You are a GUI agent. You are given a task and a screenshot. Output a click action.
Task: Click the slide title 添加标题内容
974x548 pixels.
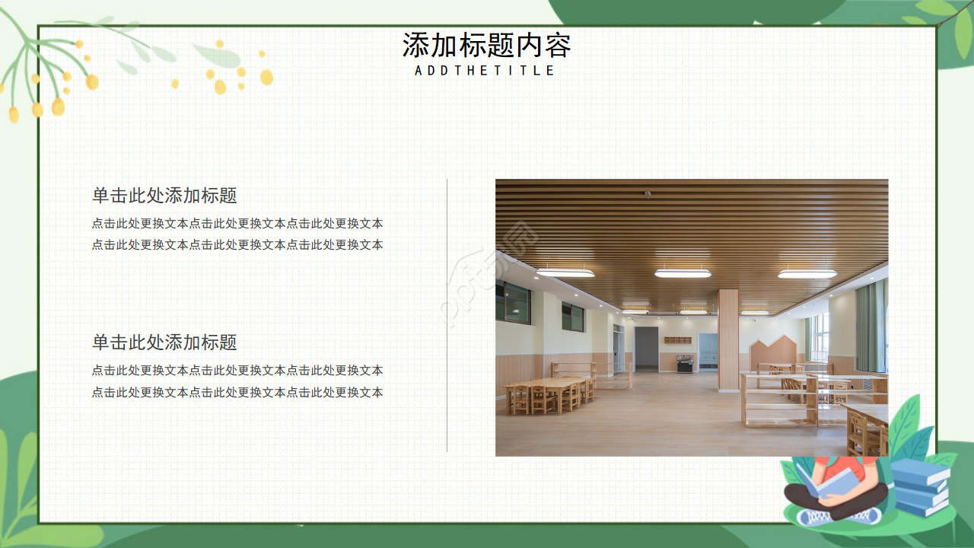pyautogui.click(x=486, y=46)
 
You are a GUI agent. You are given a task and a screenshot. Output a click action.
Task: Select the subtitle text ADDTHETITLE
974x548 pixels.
pyautogui.click(x=485, y=70)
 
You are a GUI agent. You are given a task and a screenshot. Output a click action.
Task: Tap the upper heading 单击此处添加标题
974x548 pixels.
pyautogui.click(x=164, y=196)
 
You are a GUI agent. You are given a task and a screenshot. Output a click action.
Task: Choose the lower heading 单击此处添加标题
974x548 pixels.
pyautogui.click(x=164, y=342)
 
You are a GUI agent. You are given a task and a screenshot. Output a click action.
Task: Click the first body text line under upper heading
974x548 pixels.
pyautogui.click(x=237, y=224)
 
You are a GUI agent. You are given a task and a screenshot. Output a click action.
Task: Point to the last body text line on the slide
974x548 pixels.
pyautogui.click(x=237, y=393)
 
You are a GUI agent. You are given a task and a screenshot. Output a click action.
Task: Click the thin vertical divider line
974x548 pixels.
pyautogui.click(x=447, y=316)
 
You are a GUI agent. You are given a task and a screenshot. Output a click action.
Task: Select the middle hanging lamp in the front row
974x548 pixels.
pyautogui.click(x=683, y=272)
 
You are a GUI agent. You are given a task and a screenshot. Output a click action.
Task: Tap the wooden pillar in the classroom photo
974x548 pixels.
pyautogui.click(x=727, y=339)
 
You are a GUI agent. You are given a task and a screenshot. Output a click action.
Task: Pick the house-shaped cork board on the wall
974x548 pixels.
pyautogui.click(x=773, y=354)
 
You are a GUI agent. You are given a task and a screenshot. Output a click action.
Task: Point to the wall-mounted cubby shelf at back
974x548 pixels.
pyautogui.click(x=678, y=340)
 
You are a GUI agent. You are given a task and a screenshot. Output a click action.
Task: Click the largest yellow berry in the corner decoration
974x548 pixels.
pyautogui.click(x=58, y=107)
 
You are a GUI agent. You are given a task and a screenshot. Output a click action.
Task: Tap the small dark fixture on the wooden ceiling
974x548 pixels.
pyautogui.click(x=648, y=193)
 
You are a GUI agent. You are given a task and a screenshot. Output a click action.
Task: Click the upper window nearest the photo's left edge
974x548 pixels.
pyautogui.click(x=513, y=302)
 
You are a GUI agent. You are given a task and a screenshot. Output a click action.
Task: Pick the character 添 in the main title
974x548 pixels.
pyautogui.click(x=415, y=46)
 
